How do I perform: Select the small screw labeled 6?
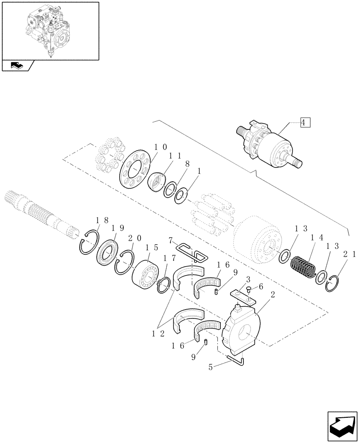(249, 291)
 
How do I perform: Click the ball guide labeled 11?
(157, 182)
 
